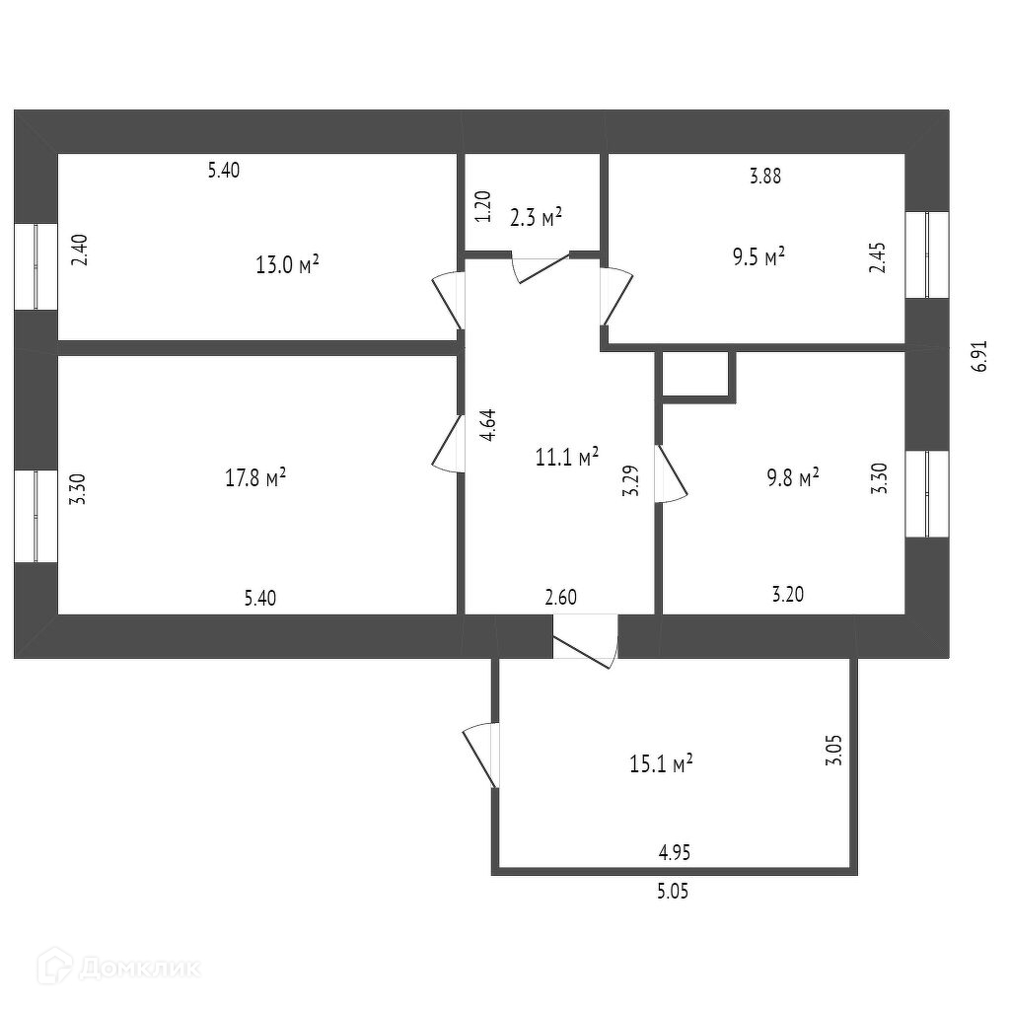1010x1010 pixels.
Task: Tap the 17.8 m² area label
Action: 255,478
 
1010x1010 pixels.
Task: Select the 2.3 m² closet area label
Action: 536,216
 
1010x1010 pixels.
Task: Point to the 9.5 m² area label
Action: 757,255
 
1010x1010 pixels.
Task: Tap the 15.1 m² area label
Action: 661,763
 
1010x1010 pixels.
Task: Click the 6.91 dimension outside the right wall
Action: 978,355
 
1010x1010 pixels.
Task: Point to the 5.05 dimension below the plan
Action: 673,892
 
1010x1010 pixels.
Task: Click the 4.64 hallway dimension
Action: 487,425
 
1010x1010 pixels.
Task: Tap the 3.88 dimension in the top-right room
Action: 765,177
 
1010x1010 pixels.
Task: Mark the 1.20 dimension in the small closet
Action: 482,207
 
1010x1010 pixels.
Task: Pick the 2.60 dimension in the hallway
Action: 560,597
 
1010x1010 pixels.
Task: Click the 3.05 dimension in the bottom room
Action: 834,750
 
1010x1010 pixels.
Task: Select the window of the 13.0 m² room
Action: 36,266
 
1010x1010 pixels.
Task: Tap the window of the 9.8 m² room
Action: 927,493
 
